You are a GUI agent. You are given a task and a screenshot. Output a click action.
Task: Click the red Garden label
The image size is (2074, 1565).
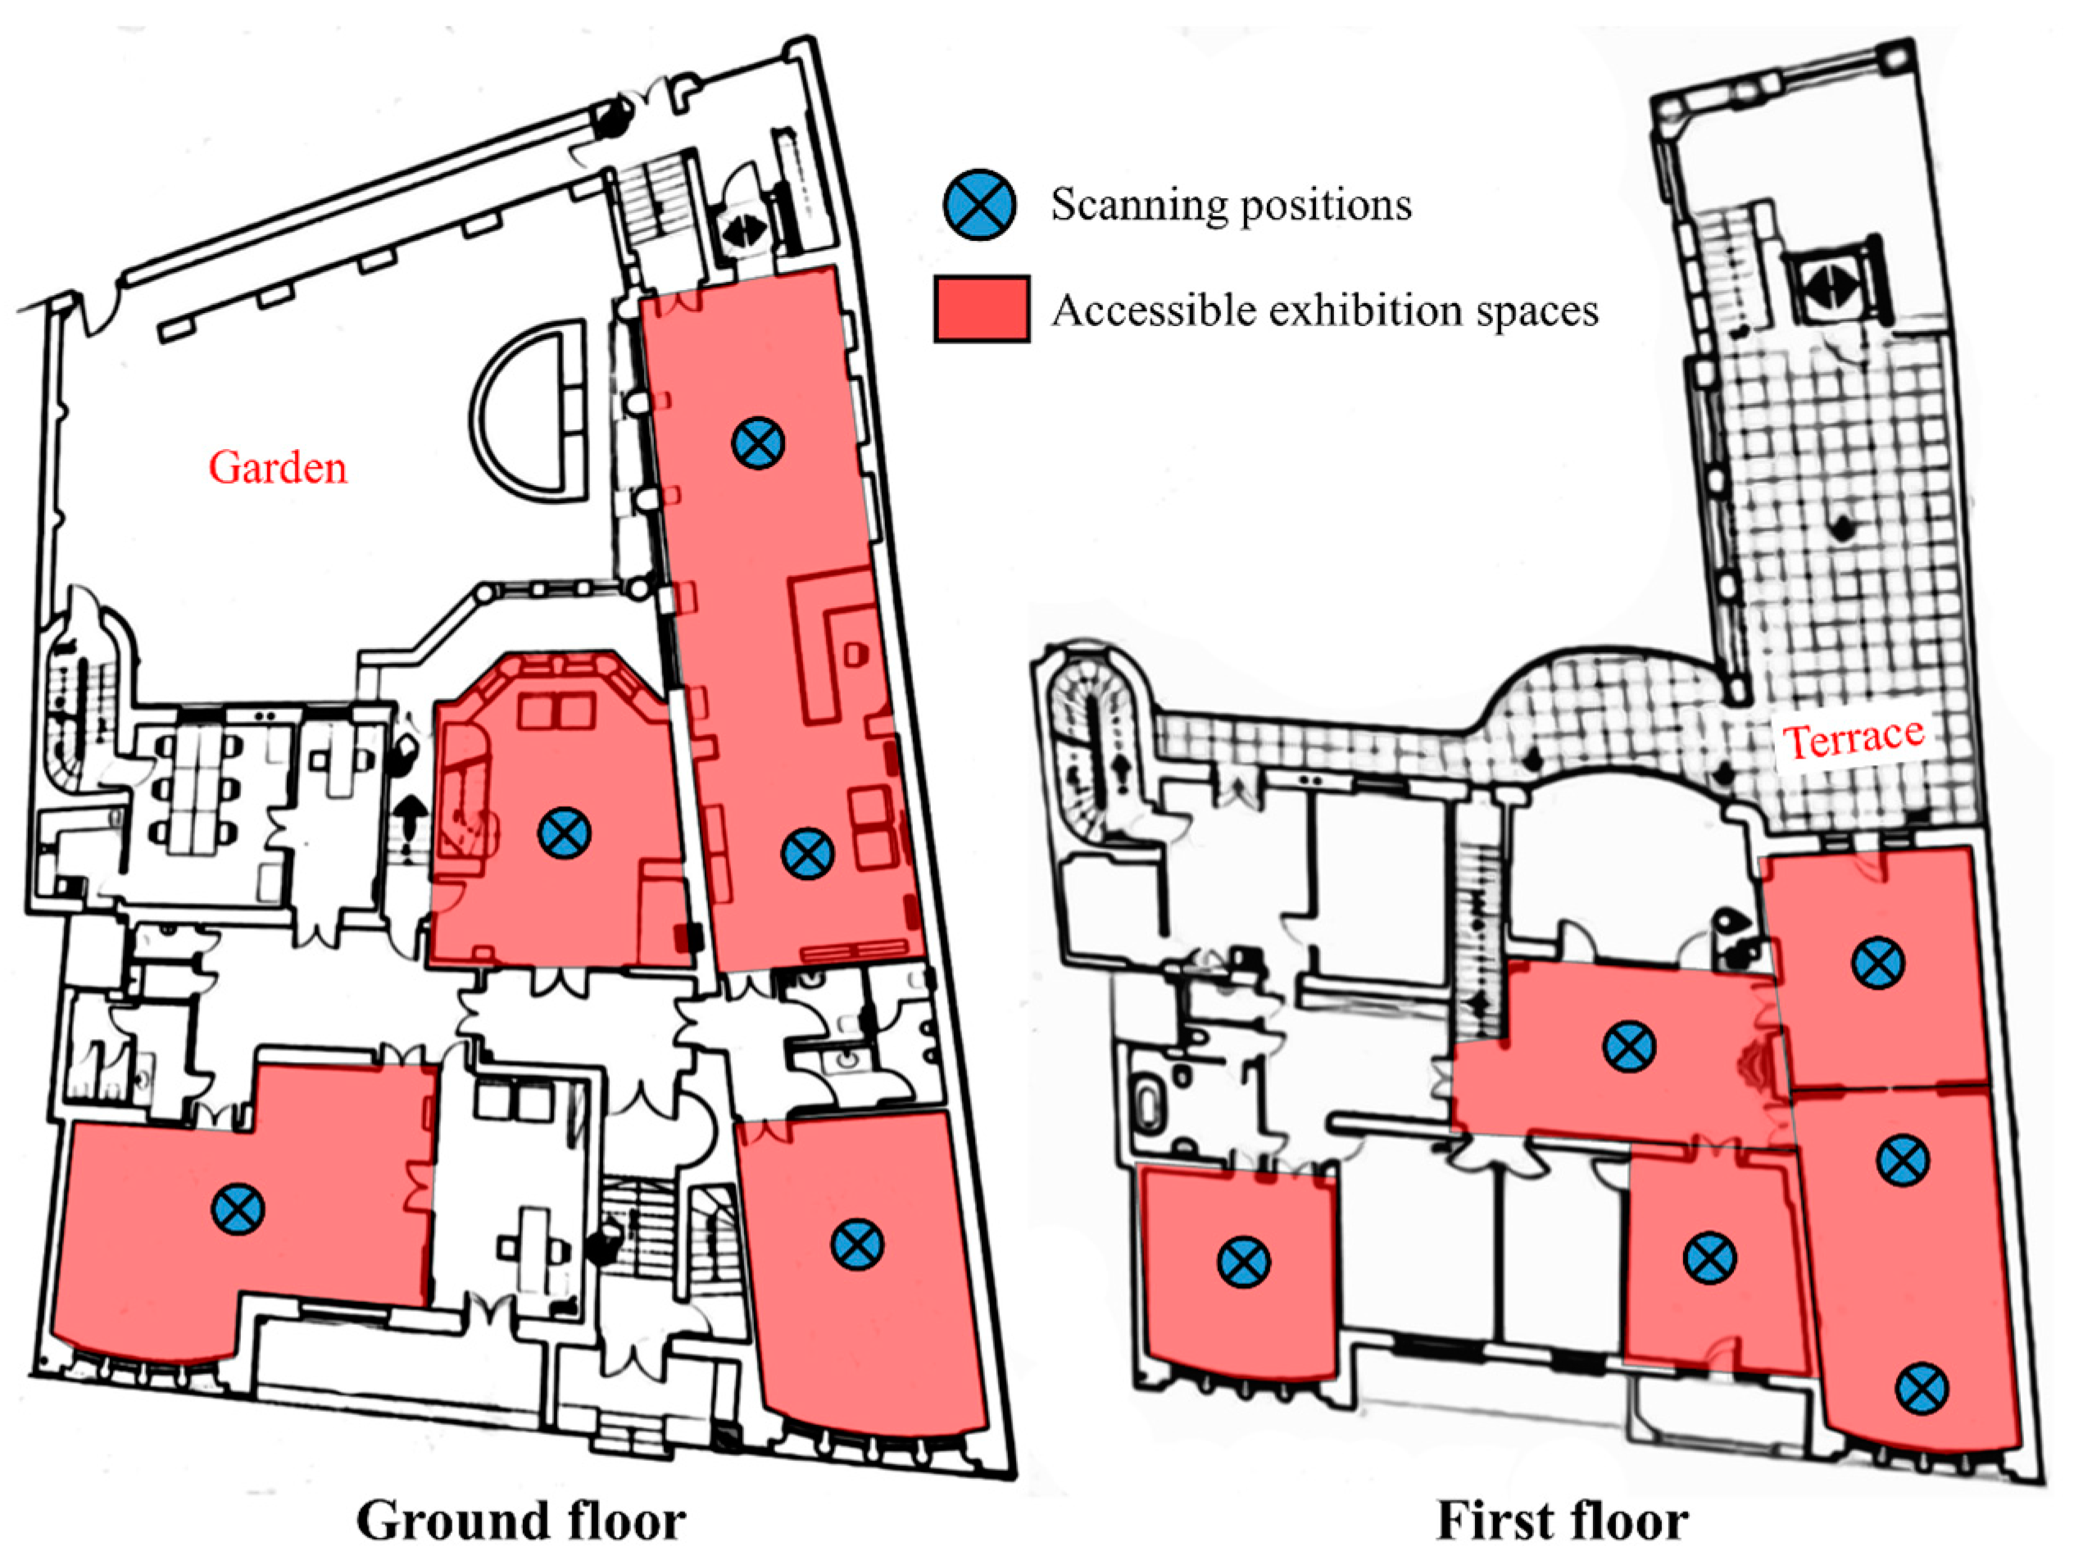click(278, 467)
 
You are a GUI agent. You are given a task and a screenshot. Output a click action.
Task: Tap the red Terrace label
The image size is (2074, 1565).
click(1854, 739)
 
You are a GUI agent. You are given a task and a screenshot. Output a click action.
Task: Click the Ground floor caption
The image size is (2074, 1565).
click(521, 1520)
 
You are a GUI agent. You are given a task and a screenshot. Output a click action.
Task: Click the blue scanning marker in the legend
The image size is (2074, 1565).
click(980, 204)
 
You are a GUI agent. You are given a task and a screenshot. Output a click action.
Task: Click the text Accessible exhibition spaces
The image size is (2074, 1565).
click(1325, 311)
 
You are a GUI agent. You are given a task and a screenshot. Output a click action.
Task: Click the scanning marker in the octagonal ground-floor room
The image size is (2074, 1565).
click(565, 832)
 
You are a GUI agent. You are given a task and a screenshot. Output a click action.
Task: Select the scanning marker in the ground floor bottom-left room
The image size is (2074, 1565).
click(238, 1209)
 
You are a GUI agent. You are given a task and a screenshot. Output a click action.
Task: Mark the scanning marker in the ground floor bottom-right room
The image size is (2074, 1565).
click(857, 1245)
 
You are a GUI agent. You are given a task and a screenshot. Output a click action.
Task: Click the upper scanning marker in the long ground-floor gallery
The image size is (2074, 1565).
click(759, 442)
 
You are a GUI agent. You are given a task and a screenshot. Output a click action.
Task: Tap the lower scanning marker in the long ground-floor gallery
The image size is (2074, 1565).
click(807, 852)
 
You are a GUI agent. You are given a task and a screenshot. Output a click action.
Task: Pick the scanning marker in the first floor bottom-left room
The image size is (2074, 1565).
click(1244, 1261)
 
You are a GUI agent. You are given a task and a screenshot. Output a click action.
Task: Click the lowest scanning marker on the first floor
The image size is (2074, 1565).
click(1922, 1389)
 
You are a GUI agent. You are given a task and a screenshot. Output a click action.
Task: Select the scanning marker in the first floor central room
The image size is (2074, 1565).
click(1630, 1046)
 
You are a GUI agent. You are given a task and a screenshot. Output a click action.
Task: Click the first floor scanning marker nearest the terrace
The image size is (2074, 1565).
click(1878, 963)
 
